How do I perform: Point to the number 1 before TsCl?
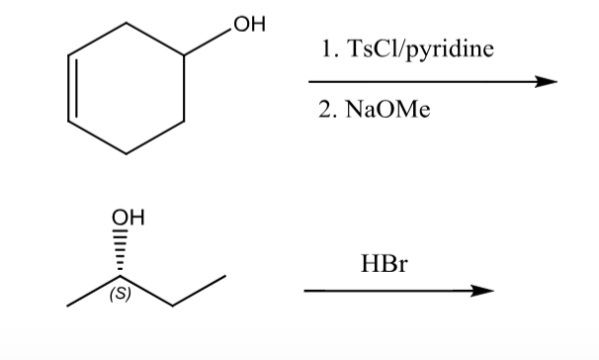coord(326,48)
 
